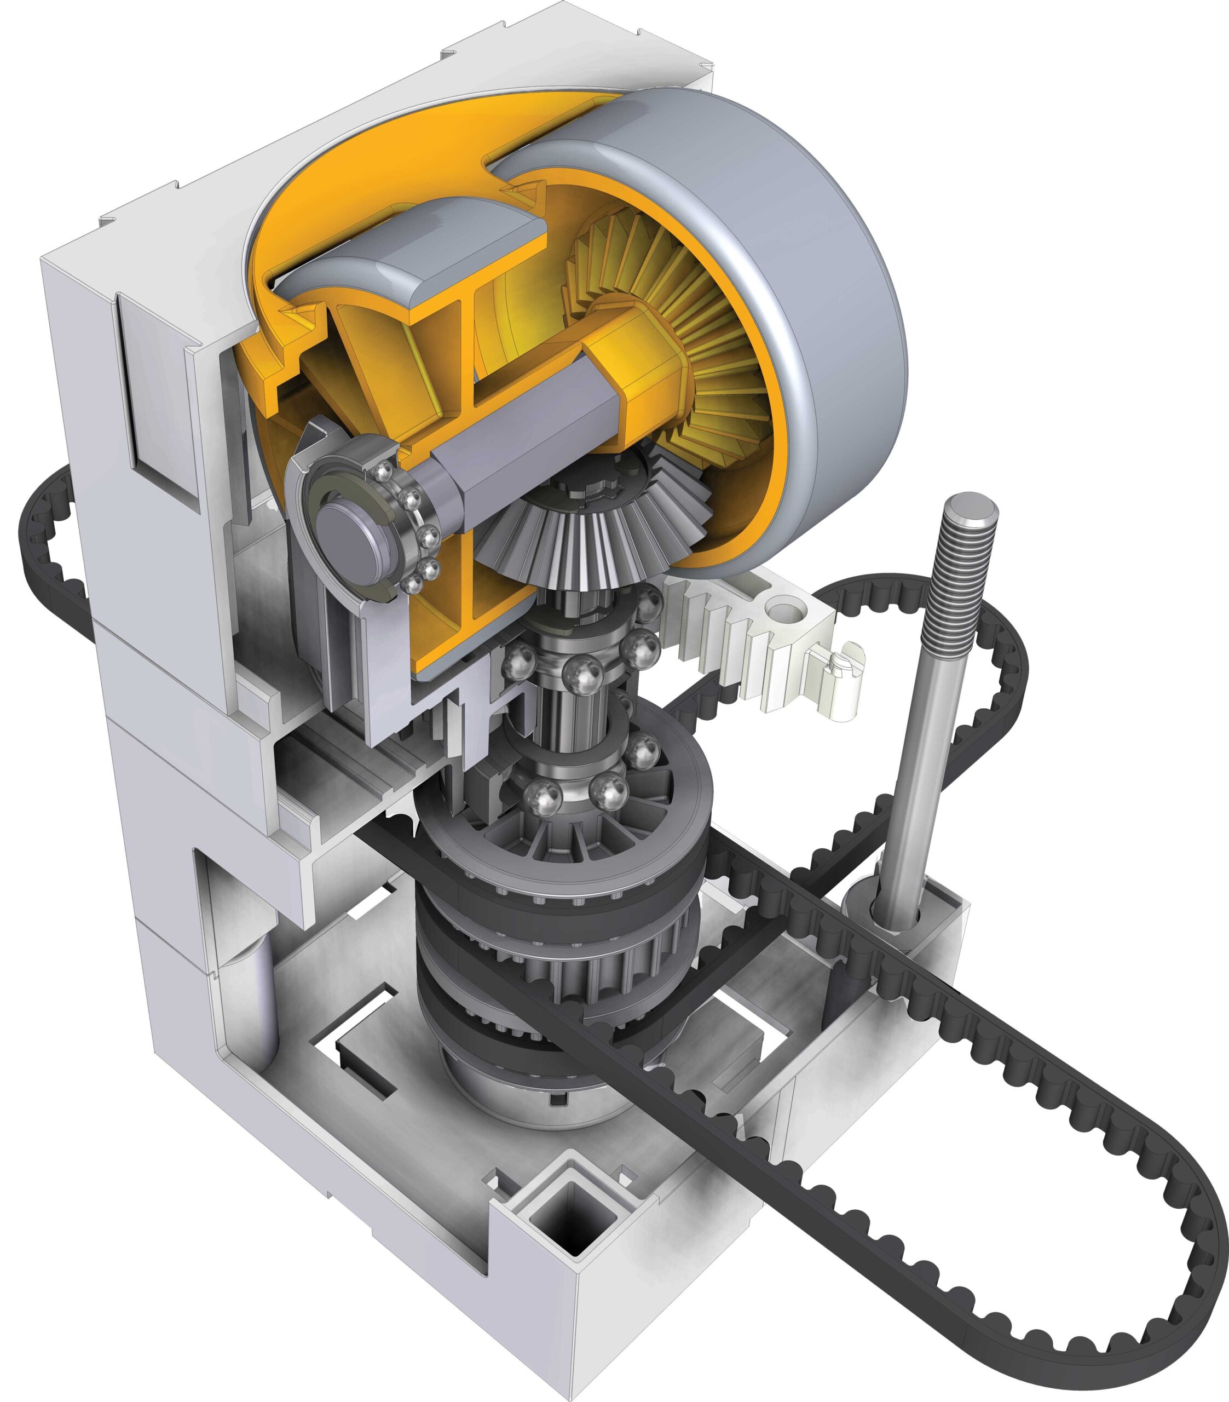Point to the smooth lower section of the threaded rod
(912, 789)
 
